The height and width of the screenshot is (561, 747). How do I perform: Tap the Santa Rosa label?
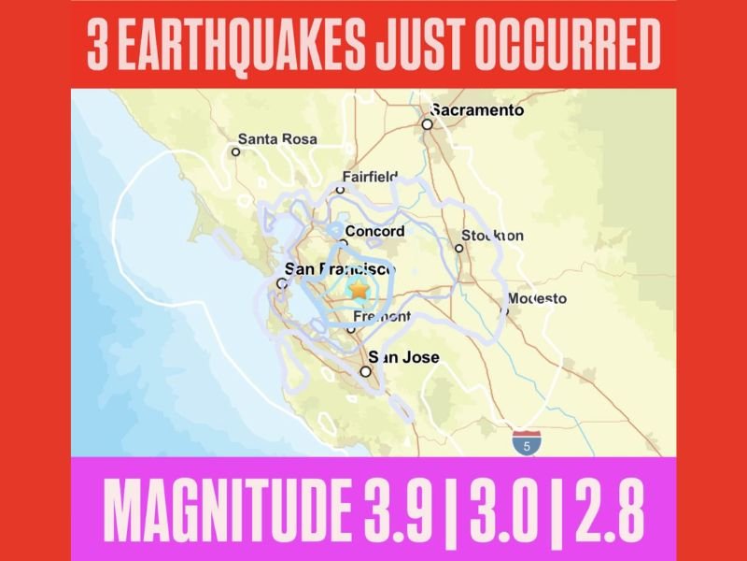(x=278, y=138)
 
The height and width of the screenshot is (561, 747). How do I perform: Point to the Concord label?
(x=374, y=232)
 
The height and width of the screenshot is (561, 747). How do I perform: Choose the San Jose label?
(x=403, y=357)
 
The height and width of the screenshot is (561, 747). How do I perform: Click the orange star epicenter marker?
(x=358, y=291)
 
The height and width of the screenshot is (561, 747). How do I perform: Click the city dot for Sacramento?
(x=427, y=123)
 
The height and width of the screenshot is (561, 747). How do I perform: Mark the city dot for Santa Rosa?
(x=236, y=151)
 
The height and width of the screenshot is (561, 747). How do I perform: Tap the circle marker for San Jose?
(x=366, y=371)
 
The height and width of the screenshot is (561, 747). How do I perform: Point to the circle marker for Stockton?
(x=458, y=248)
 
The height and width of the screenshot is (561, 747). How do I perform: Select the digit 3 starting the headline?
(x=96, y=44)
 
